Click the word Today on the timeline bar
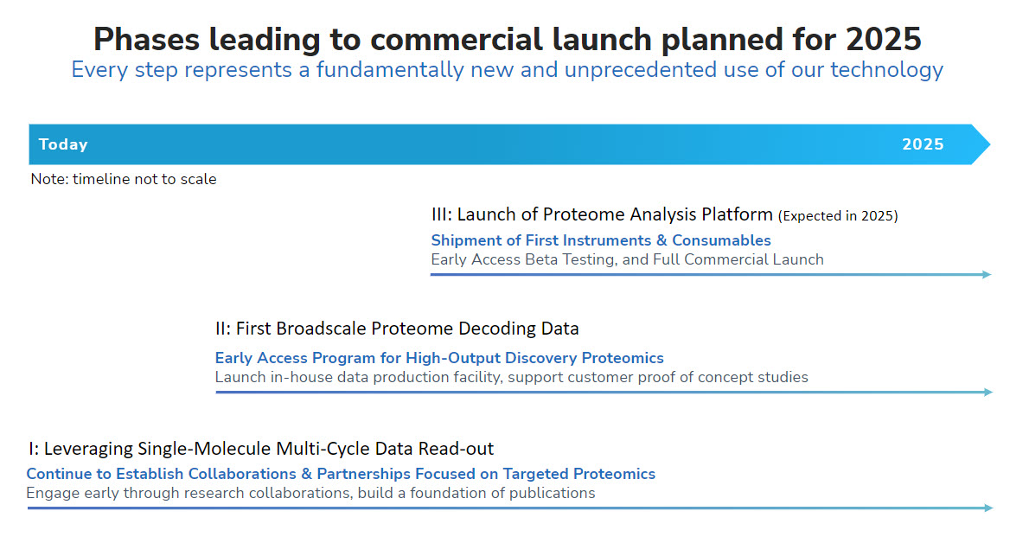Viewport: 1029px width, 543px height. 63,144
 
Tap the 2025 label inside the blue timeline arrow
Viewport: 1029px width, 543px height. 923,144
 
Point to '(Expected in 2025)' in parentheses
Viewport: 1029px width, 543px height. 838,216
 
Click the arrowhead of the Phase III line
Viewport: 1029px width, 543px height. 987,275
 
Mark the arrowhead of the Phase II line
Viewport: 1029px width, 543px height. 988,393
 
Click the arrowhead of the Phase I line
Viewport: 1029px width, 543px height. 988,508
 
